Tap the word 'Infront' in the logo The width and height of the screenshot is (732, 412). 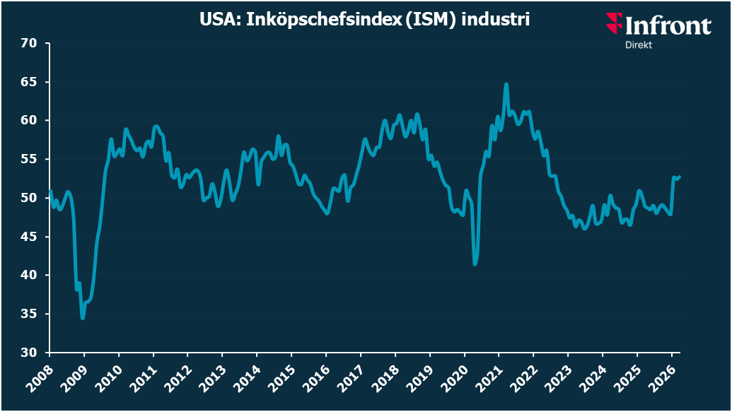pos(668,27)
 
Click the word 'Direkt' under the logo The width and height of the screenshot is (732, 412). pos(639,45)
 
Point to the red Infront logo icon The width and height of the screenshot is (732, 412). pos(613,23)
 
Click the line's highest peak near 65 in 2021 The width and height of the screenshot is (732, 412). pos(506,84)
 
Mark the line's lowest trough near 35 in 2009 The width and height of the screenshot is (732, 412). pos(83,318)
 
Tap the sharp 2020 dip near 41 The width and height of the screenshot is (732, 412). pos(475,264)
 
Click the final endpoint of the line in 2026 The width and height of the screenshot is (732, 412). pos(679,177)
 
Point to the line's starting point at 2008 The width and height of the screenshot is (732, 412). pos(50,190)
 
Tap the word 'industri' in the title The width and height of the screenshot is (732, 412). pos(495,20)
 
